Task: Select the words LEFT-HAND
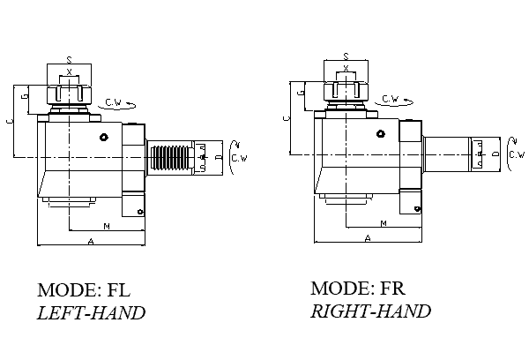click(x=91, y=312)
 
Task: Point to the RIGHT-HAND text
click(x=370, y=311)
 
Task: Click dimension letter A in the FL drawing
click(x=92, y=240)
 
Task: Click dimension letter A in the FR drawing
click(x=368, y=236)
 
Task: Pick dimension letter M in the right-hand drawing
click(x=383, y=223)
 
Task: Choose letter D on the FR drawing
click(x=495, y=154)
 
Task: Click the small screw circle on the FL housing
click(x=104, y=137)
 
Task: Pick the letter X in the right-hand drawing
click(x=346, y=68)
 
